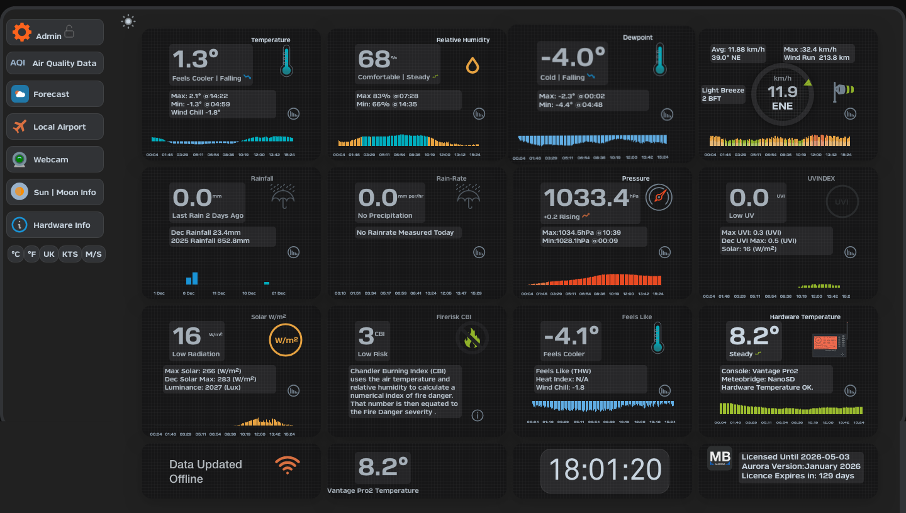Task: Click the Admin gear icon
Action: (x=22, y=32)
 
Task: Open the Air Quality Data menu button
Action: (x=55, y=63)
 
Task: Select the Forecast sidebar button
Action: (x=55, y=94)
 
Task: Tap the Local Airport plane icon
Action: (x=20, y=127)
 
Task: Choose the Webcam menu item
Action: (x=55, y=159)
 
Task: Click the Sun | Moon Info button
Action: (x=55, y=192)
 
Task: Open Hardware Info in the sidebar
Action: (x=55, y=225)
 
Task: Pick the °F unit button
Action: (x=31, y=254)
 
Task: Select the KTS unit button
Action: (x=70, y=254)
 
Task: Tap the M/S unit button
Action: (x=93, y=254)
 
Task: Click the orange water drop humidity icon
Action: (x=473, y=65)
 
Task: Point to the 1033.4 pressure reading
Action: (x=586, y=198)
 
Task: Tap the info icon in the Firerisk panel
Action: (x=478, y=415)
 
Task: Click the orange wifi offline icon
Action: (x=287, y=465)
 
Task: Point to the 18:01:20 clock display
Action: (x=605, y=470)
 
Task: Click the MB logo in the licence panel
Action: (x=720, y=458)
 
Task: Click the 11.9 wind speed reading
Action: (x=782, y=92)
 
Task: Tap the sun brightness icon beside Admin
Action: (x=128, y=22)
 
